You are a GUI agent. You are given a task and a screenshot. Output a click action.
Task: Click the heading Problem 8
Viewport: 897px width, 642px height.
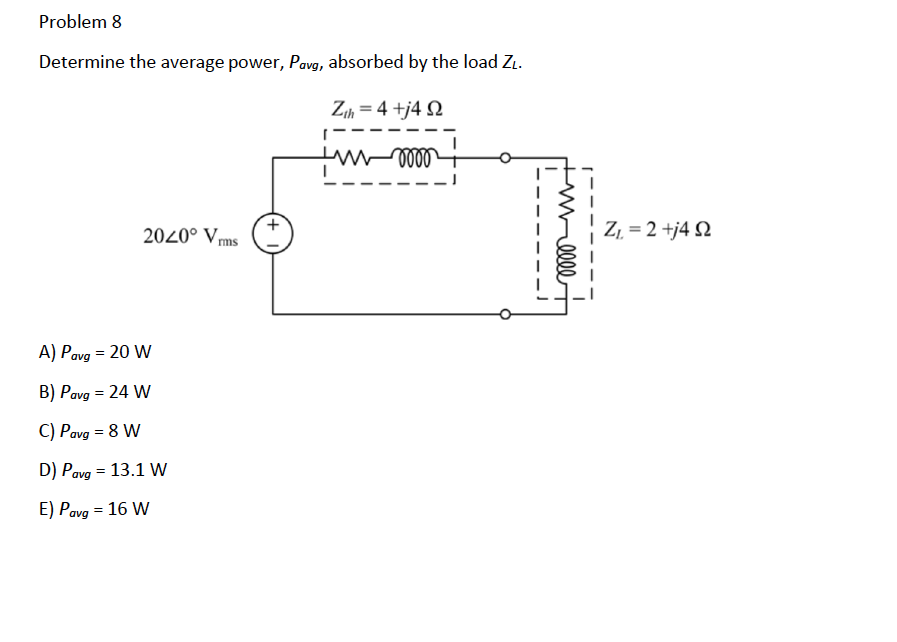[80, 21]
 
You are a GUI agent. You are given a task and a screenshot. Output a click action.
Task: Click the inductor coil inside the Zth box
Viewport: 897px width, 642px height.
[414, 156]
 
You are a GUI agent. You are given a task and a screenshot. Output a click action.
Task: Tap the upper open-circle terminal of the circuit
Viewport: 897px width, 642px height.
[506, 157]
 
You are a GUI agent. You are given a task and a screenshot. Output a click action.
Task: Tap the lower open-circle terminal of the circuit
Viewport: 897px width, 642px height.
[506, 314]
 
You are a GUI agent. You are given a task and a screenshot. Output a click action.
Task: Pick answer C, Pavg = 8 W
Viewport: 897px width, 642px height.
[90, 431]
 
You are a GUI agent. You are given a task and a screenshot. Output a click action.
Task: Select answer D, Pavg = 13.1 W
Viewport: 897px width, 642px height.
[103, 470]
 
